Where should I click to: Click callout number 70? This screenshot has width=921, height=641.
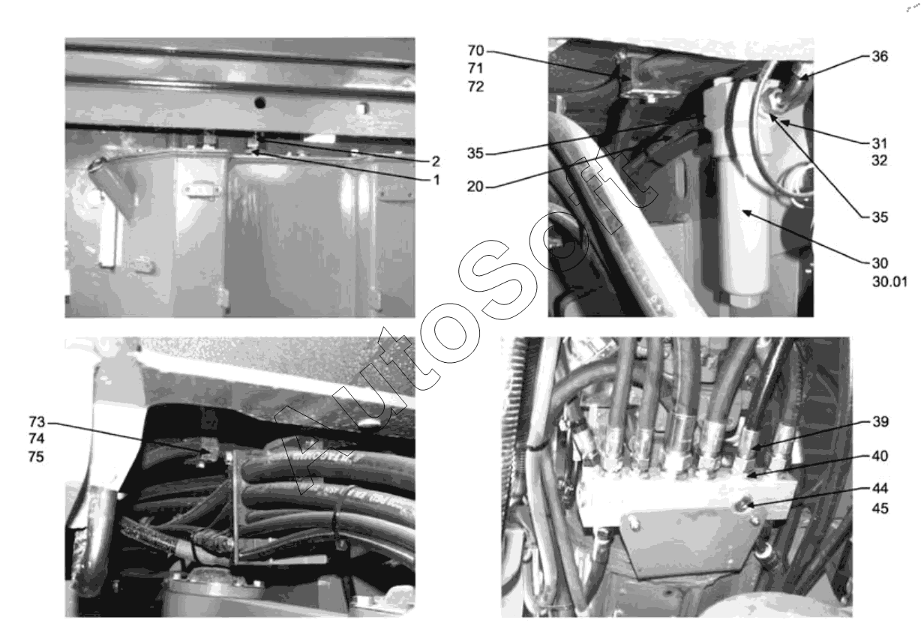tap(475, 50)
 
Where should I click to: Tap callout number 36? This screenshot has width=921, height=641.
tap(880, 56)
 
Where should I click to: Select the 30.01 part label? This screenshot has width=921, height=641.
tap(889, 282)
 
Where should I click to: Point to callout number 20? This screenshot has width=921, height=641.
tap(475, 187)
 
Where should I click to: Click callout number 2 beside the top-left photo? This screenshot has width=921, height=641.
tap(436, 161)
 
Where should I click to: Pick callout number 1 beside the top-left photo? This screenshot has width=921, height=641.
tap(436, 180)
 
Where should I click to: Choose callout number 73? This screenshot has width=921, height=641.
tap(37, 421)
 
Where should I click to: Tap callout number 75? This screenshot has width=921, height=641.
tap(36, 457)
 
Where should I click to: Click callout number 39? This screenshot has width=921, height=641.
tap(880, 421)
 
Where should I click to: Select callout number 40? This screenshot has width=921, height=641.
tap(880, 456)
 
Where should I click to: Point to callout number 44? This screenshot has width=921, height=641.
tap(880, 488)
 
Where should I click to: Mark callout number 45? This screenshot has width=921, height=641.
tap(880, 509)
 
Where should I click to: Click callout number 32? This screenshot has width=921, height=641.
tap(880, 160)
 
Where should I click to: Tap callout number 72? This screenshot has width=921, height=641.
tap(475, 87)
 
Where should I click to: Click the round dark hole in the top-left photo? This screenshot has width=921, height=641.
tap(259, 102)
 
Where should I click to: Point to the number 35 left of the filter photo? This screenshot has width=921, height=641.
tap(475, 153)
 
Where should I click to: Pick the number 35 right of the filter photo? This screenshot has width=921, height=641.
tap(880, 217)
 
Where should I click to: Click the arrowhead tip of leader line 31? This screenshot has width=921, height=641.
tap(781, 121)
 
